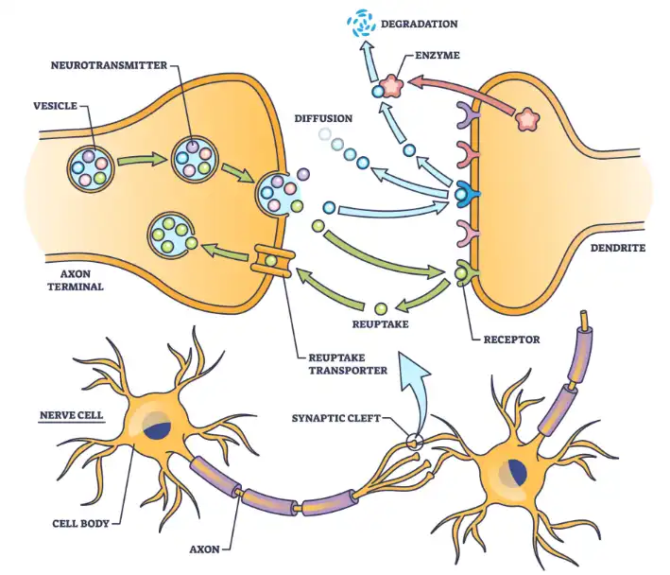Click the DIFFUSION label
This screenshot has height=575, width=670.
(323, 119)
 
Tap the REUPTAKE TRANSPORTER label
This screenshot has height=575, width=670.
(349, 364)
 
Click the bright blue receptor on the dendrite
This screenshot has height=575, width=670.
(464, 194)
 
